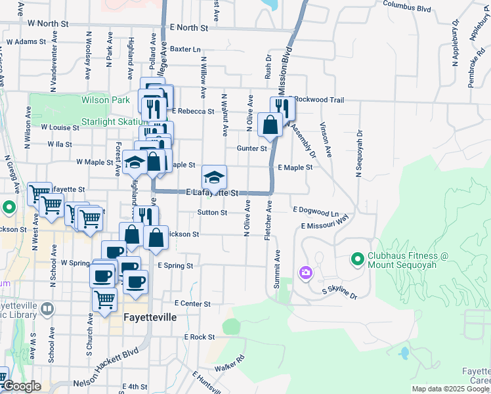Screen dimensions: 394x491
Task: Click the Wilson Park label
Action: (x=106, y=100)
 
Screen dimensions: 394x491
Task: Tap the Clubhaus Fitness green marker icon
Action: (x=358, y=260)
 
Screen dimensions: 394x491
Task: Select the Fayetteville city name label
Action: (x=150, y=317)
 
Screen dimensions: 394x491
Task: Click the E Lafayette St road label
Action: (x=211, y=193)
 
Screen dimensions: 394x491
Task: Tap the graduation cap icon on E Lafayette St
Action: (x=214, y=177)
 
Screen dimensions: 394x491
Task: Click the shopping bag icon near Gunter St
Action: (x=270, y=124)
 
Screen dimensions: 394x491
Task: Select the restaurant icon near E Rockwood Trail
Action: (x=283, y=107)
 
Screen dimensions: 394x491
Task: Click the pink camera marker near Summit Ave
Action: (x=305, y=273)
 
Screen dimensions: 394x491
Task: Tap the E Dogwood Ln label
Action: (x=315, y=213)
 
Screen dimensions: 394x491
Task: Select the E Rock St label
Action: (x=200, y=337)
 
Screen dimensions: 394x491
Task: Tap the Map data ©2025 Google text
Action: (x=450, y=389)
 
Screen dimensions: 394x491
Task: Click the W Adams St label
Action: (x=26, y=41)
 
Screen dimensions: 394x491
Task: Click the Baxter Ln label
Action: (x=185, y=49)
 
